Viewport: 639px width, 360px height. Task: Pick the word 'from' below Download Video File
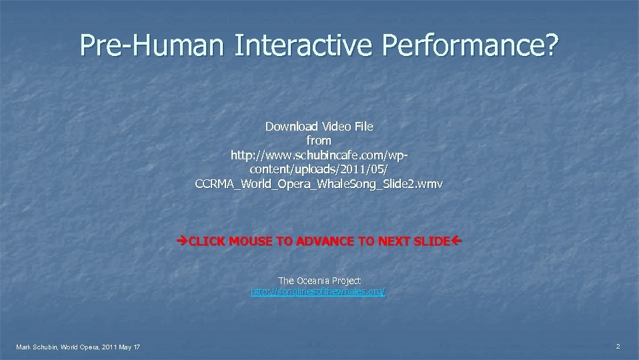319,141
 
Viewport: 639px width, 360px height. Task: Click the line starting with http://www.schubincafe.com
319,155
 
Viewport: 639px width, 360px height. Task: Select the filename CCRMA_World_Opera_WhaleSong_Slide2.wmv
319,183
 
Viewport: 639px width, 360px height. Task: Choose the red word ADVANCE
319,241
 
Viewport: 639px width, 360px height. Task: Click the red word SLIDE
432,241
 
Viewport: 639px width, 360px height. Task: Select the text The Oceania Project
319,281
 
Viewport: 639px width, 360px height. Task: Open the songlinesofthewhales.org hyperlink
318,292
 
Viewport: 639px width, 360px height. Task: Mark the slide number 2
618,346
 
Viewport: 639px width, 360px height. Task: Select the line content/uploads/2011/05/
319,169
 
